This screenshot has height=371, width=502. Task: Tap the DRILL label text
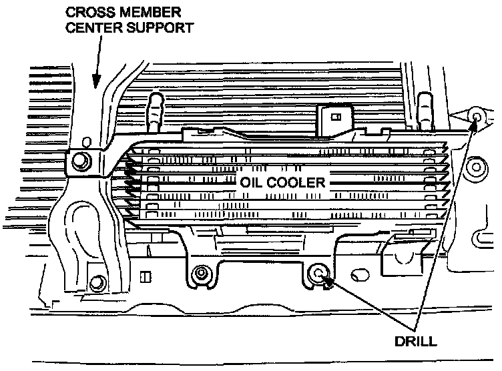[x=415, y=342]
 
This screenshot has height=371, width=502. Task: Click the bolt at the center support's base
[x=97, y=281]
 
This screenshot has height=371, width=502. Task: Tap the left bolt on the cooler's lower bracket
[x=200, y=273]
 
